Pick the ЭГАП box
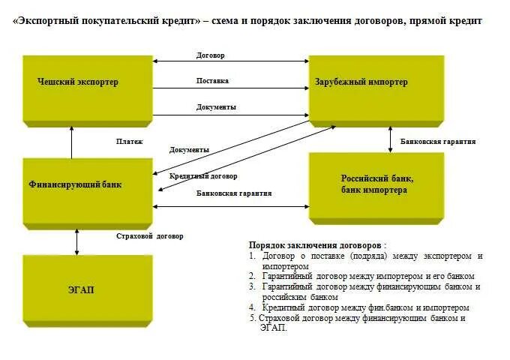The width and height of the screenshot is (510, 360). [x=88, y=289]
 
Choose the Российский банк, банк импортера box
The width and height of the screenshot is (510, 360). [x=376, y=185]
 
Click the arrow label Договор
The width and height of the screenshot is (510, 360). [x=211, y=55]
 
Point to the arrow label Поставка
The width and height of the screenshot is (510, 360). [x=212, y=81]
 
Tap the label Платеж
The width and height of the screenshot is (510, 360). [x=129, y=141]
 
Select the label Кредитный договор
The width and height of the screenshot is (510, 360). [x=203, y=176]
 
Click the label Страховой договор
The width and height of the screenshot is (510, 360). [x=150, y=236]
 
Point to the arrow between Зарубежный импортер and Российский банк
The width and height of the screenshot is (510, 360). [x=390, y=139]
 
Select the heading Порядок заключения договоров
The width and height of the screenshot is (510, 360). [x=317, y=245]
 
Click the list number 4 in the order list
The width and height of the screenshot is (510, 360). [x=252, y=307]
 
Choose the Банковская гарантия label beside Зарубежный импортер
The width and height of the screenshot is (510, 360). [x=438, y=142]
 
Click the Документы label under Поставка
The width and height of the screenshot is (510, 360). [x=216, y=107]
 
